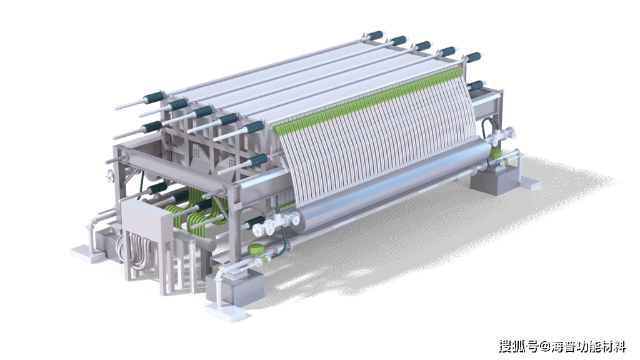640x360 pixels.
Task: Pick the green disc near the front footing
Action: [x=256, y=248]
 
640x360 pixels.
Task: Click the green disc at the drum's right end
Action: [x=496, y=154]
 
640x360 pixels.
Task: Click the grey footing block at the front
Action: [x=236, y=287]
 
